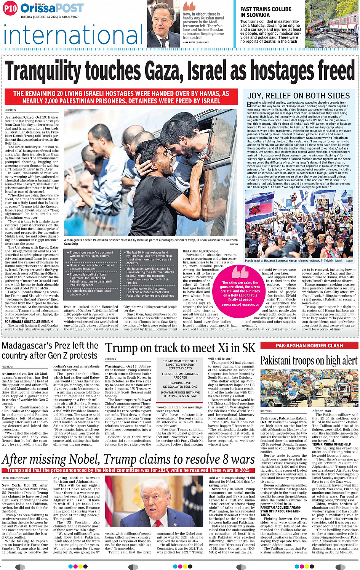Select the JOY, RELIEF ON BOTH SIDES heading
tap(298, 96)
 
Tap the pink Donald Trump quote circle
tap(240, 287)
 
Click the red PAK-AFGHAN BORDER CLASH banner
tap(309, 346)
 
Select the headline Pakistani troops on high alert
tap(309, 361)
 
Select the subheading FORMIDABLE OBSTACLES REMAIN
tap(29, 322)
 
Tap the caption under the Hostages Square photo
tap(293, 261)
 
